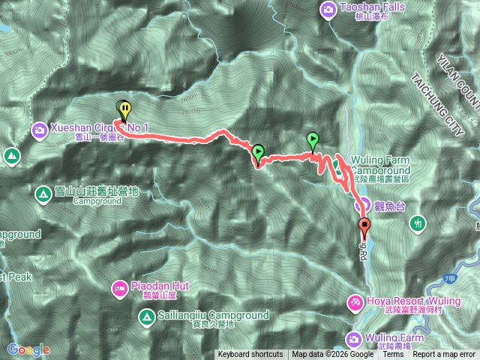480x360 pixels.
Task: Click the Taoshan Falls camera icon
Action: pyautogui.click(x=328, y=10)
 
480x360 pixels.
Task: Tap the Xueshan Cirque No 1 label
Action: pyautogui.click(x=100, y=128)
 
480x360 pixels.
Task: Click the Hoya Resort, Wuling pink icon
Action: pyautogui.click(x=355, y=301)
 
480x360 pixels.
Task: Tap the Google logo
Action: pyautogui.click(x=28, y=349)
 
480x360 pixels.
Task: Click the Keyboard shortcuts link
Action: pyautogui.click(x=250, y=355)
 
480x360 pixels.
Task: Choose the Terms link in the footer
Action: pyautogui.click(x=393, y=355)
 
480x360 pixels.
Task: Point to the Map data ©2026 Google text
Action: pyautogui.click(x=332, y=355)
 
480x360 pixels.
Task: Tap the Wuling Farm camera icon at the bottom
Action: pyautogui.click(x=355, y=338)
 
